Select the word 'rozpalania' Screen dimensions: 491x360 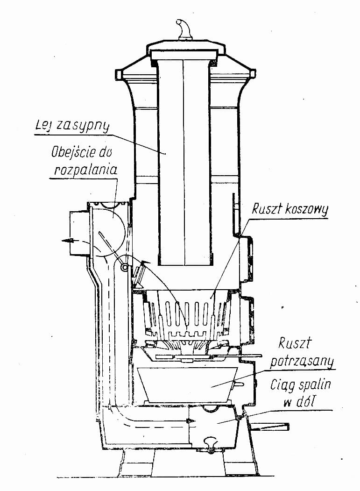coord(85,170)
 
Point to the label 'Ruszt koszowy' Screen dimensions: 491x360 coord(289,209)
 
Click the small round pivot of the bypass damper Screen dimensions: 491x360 coord(125,267)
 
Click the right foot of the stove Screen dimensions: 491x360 coord(238,463)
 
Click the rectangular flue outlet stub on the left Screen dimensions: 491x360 coord(78,233)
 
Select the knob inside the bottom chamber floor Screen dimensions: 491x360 coord(211,441)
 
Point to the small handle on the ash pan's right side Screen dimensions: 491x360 coord(238,384)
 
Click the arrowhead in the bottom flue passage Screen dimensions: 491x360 coord(191,421)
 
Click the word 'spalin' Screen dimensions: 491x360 coord(318,386)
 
